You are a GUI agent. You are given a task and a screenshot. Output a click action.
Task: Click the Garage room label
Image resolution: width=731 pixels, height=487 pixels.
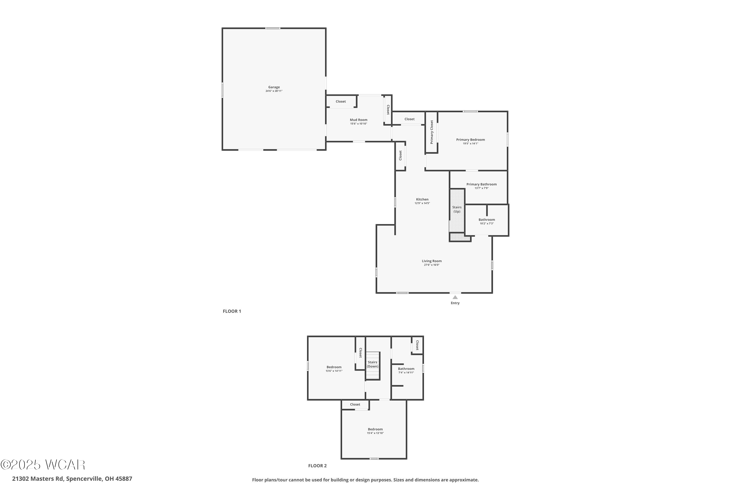point(274,87)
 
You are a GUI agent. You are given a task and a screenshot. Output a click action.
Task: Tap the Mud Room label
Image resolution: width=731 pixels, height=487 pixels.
point(358,120)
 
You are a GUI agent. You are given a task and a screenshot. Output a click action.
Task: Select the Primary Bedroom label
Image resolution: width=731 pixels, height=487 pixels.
point(470,140)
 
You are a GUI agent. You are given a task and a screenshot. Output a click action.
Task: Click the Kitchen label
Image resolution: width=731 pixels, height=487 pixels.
point(422,199)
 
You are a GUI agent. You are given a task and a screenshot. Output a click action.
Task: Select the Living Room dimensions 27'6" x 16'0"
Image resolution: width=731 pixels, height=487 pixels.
point(431,265)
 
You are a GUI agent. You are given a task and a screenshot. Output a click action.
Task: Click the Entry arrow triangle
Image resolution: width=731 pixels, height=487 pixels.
point(455,297)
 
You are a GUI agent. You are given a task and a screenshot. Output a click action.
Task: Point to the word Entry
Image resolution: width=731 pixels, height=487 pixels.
point(455,303)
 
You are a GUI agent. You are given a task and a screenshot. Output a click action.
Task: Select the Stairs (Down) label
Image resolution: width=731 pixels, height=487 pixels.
point(372,364)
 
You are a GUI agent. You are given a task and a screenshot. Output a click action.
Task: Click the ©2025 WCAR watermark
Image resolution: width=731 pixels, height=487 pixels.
point(43,465)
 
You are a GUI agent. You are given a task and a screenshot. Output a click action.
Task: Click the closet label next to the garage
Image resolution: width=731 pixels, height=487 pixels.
point(341,102)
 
